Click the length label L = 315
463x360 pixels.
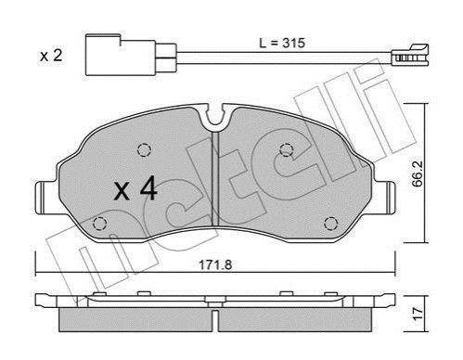click(x=282, y=43)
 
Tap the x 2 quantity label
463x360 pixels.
click(x=51, y=56)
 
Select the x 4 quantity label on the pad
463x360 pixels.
click(x=135, y=190)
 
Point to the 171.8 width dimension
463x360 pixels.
click(x=215, y=264)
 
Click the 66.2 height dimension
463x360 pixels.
click(x=418, y=176)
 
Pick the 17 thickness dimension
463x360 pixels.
click(x=418, y=315)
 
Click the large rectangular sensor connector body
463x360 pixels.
click(x=121, y=55)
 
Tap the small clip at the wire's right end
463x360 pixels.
click(x=410, y=55)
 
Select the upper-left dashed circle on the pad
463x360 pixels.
click(x=144, y=150)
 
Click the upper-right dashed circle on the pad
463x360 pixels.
click(x=286, y=150)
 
